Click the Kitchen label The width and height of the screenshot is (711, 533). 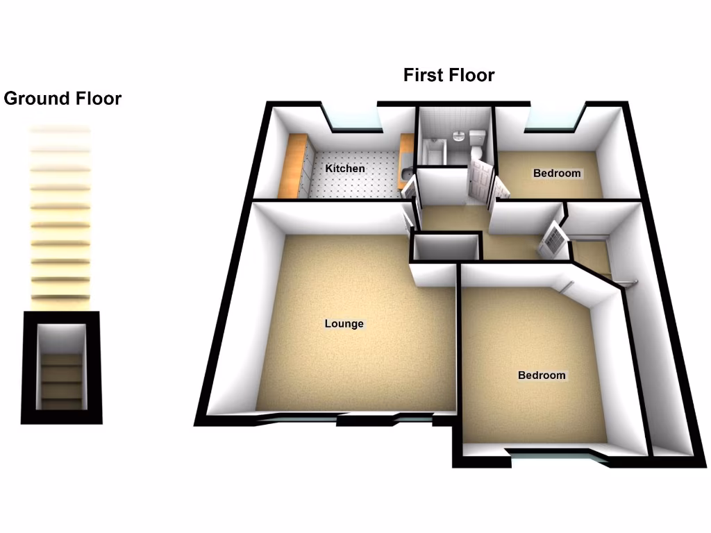click(x=345, y=169)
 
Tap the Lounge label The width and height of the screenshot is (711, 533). click(x=344, y=323)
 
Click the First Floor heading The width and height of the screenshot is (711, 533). click(x=449, y=75)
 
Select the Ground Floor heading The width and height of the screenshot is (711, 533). click(x=62, y=99)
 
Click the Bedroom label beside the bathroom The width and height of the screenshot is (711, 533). click(x=557, y=173)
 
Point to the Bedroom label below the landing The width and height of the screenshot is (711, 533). click(x=542, y=375)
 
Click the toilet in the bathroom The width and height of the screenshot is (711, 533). click(x=478, y=143)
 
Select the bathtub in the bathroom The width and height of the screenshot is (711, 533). click(x=433, y=151)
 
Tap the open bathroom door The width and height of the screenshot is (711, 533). click(x=478, y=178)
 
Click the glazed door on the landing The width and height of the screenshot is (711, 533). click(x=554, y=239)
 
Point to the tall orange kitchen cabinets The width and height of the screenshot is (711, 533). click(x=292, y=165)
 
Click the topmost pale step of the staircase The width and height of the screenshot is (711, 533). click(x=60, y=129)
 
